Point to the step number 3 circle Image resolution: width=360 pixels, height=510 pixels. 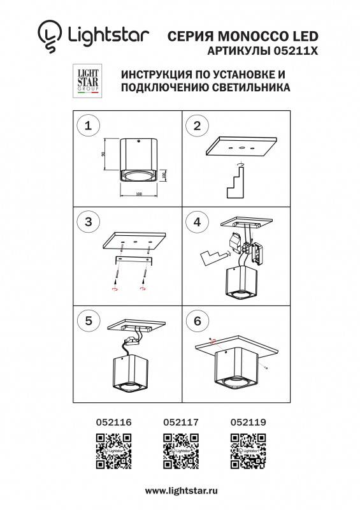88,222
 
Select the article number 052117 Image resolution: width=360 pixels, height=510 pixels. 180,421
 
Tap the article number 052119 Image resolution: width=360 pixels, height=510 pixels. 247,421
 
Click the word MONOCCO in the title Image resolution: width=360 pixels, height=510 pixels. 242,37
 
